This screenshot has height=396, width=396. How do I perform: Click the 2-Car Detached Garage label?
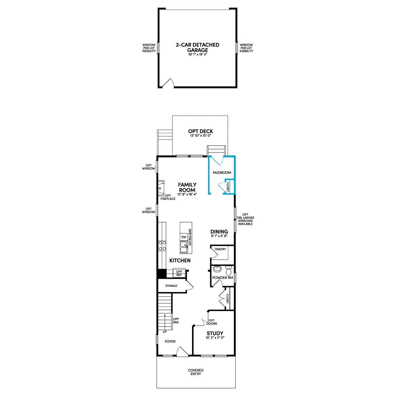coord(197,48)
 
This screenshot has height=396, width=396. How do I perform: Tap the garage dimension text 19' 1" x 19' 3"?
coord(197,55)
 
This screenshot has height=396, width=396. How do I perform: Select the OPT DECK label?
coord(201,131)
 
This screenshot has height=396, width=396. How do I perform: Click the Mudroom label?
coord(222,173)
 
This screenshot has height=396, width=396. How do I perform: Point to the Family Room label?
coord(187,187)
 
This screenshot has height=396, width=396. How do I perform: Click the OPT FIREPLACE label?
coord(168,197)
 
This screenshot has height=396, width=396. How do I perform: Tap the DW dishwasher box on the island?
coord(184,237)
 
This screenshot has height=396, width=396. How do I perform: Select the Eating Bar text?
coord(190,237)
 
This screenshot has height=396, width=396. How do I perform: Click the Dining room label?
coord(219,232)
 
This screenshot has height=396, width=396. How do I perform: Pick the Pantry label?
coord(220,249)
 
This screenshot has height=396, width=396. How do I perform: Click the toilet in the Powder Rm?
coord(228,271)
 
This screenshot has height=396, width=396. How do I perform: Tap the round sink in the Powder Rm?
coord(217,269)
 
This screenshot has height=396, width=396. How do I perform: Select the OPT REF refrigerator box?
coord(179,273)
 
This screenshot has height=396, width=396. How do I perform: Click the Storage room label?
coord(171,286)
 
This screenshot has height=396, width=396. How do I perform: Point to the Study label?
coord(215,333)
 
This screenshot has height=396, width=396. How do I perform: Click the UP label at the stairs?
coord(165,332)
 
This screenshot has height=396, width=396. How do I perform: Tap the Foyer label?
coord(170,342)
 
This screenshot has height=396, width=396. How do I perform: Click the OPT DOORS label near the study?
coord(212,322)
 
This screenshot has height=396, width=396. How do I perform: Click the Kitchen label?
coord(180,261)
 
